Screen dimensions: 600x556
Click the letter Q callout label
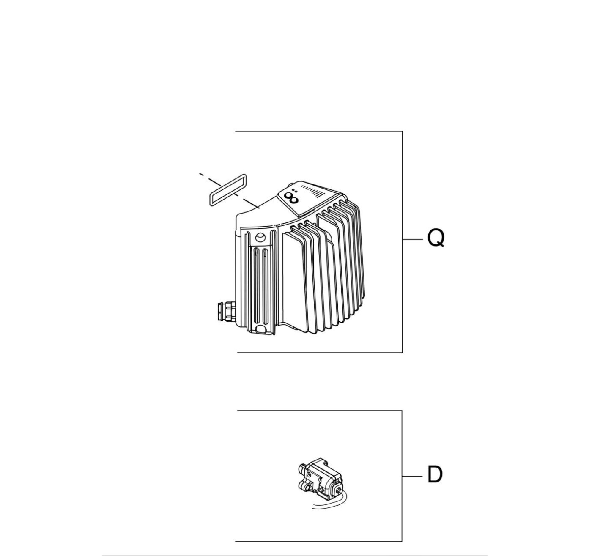coord(436,238)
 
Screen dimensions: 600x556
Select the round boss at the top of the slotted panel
coord(260,238)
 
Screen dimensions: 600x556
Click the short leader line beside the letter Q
coord(412,239)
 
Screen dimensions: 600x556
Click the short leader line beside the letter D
coord(412,476)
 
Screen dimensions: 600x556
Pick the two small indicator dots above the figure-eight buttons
coord(295,191)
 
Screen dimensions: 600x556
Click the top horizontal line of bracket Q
coord(319,131)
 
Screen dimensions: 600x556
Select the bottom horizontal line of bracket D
coord(318,542)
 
